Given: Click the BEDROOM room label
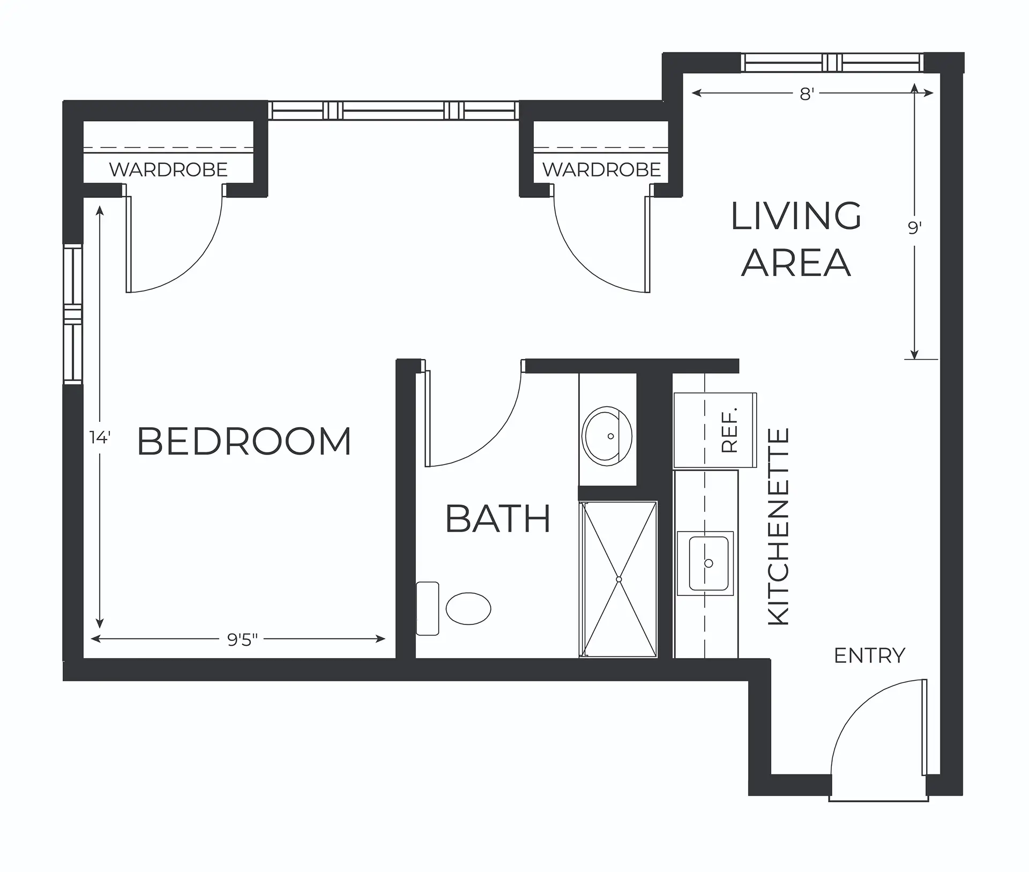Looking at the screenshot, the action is [x=244, y=441].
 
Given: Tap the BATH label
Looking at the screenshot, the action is [x=498, y=519].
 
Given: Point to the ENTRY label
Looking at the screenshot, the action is [x=870, y=655].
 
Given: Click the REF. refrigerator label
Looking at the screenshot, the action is [x=730, y=430].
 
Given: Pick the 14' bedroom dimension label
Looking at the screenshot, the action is [x=100, y=438].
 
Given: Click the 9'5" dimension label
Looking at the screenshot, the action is [x=242, y=639].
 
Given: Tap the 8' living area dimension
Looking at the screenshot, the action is [x=807, y=94].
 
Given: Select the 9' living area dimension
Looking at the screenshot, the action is [x=914, y=228].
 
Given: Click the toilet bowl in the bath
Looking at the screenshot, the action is [x=468, y=608].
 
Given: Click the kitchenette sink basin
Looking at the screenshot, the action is [x=708, y=563].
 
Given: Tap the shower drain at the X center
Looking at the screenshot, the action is [x=618, y=579].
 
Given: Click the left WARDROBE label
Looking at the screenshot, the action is [x=168, y=170].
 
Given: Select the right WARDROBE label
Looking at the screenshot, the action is [x=601, y=170].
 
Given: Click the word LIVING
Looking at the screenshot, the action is [x=796, y=216].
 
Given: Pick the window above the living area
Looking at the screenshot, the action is [x=832, y=63].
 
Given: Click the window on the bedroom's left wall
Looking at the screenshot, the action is [x=73, y=314].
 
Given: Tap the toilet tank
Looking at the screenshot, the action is [x=428, y=609].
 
